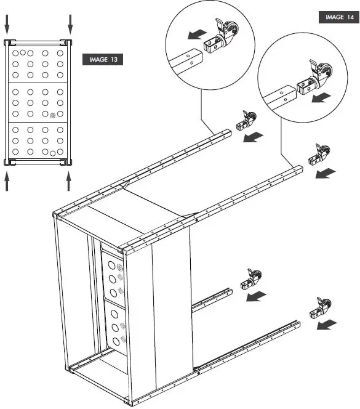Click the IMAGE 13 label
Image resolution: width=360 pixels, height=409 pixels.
pyautogui.click(x=102, y=60)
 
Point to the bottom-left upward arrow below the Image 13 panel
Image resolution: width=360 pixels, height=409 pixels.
pyautogui.click(x=7, y=180)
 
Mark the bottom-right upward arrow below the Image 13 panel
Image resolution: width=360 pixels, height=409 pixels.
pyautogui.click(x=69, y=180)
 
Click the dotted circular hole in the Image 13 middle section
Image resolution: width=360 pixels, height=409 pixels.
pyautogui.click(x=52, y=115)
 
